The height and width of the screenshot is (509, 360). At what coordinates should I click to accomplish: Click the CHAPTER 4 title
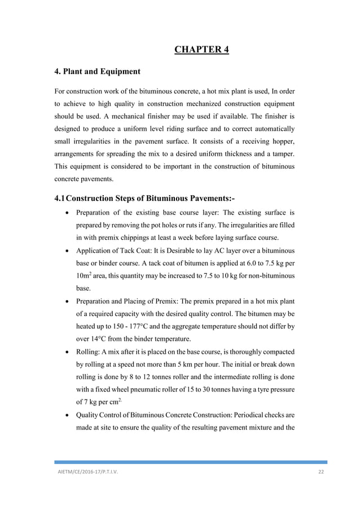[x=201, y=47]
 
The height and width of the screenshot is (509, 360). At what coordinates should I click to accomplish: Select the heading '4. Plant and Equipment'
[x=96, y=72]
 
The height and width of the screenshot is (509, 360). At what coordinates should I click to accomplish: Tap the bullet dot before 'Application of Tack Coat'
[x=68, y=250]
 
